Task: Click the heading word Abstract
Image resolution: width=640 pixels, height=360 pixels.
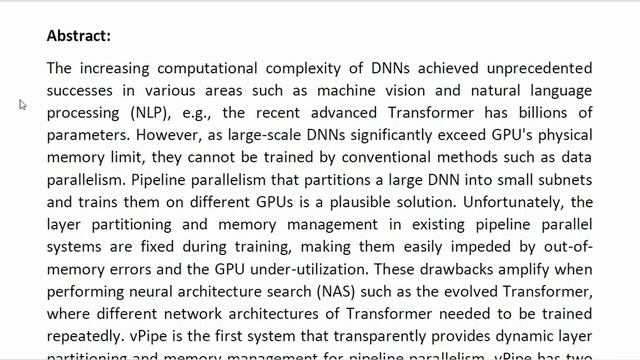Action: click(x=78, y=36)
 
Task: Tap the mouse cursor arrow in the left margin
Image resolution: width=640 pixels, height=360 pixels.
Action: click(x=22, y=104)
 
